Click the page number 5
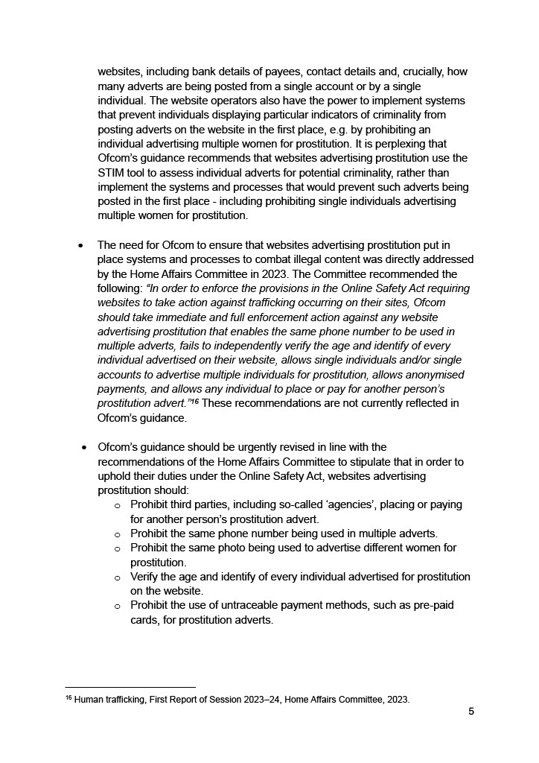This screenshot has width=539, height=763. click(471, 711)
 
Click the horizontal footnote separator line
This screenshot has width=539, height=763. click(130, 687)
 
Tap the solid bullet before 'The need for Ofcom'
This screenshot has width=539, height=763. click(81, 246)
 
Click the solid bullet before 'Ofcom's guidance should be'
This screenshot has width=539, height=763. click(84, 448)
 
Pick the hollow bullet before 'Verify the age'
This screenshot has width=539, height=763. click(118, 577)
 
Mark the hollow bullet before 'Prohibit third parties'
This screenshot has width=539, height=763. click(118, 505)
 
